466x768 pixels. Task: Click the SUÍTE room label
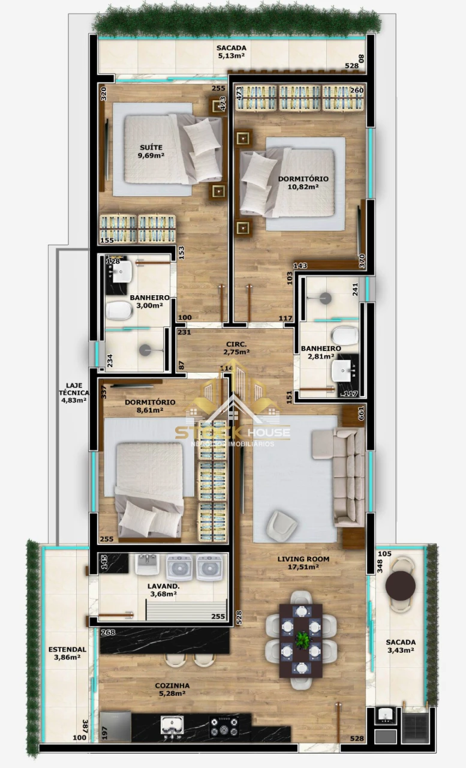[x=151, y=147]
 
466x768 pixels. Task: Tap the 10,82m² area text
[x=303, y=187]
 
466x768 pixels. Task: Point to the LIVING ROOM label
[x=303, y=559]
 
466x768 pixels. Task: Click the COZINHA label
[x=172, y=686]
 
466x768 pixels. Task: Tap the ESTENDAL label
[x=67, y=649]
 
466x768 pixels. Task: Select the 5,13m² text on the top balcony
[x=232, y=58]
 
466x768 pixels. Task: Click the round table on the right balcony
[x=400, y=586]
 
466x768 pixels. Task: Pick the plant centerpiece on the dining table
[x=301, y=640]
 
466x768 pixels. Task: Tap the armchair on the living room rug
[x=281, y=525]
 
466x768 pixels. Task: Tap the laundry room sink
[x=147, y=564]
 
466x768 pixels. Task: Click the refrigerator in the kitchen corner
[x=116, y=726]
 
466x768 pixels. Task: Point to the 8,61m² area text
[x=150, y=410]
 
